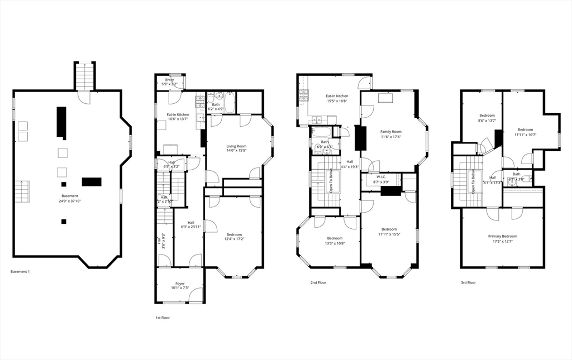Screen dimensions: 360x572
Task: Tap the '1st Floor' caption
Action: [x=163, y=318]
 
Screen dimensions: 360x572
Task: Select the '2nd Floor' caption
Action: [x=318, y=283]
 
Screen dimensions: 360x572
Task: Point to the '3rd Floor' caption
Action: [x=468, y=283]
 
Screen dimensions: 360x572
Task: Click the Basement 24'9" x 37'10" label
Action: [x=69, y=198]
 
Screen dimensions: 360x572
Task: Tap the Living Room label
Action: [x=236, y=148]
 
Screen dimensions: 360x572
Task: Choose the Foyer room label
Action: [x=180, y=286]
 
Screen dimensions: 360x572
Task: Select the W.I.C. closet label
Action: [x=382, y=179]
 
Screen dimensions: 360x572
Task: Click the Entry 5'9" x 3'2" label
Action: [x=169, y=81]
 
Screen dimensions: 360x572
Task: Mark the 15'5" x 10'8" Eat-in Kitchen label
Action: [x=337, y=98]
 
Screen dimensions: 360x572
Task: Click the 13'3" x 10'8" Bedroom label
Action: [x=335, y=241]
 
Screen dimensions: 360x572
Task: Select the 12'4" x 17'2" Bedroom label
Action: [x=234, y=237]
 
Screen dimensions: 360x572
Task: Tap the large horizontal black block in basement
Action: [x=91, y=181]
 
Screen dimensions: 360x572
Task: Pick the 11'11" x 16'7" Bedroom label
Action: [x=525, y=132]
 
